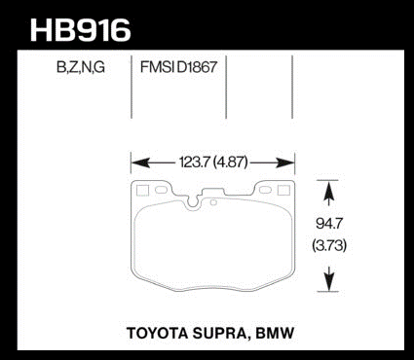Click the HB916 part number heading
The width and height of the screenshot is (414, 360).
coord(81,30)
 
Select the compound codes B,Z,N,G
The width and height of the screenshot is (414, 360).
coord(81,67)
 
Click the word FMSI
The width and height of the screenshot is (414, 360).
coord(155,67)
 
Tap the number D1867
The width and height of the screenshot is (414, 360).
coord(197,67)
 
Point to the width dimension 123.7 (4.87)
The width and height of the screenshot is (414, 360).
coord(213,162)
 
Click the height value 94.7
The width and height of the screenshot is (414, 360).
coord(329,224)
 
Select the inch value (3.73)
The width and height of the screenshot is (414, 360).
coord(329,245)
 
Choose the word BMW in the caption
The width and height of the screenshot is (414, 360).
coord(275,333)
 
